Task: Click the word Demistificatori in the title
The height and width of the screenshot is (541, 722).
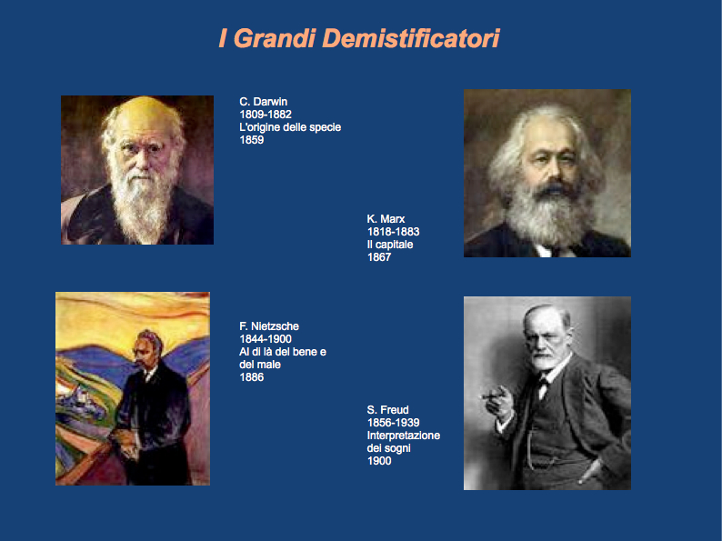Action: click(411, 38)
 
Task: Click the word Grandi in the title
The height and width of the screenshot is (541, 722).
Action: click(275, 38)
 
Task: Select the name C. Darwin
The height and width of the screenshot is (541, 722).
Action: click(264, 102)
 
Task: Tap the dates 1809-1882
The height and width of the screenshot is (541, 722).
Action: click(266, 115)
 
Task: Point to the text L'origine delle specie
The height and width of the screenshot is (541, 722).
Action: click(290, 127)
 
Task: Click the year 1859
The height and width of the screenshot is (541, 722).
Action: click(251, 140)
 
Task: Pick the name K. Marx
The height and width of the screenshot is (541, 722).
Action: click(386, 219)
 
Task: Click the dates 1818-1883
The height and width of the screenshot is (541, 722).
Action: click(393, 232)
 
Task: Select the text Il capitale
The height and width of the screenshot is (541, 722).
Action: click(390, 245)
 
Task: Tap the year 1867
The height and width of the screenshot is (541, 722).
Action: click(379, 257)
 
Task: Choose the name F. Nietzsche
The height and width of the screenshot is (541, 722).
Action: click(269, 326)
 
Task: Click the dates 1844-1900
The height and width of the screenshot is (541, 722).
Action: click(266, 339)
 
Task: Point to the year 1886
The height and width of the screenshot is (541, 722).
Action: click(251, 377)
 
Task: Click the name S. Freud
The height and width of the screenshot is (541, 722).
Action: click(387, 410)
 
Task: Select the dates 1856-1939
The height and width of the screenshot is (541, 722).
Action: click(393, 423)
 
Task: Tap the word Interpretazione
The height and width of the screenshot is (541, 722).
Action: click(404, 436)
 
